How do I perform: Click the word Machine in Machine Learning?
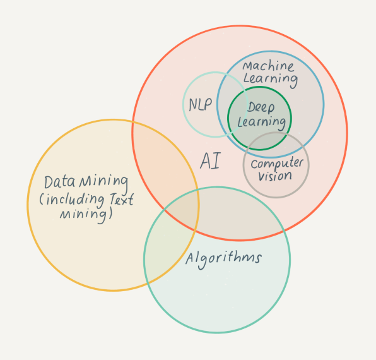pos(268,66)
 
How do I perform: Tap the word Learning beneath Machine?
pos(271,80)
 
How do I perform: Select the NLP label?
pos(201,105)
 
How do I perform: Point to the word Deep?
pos(261,107)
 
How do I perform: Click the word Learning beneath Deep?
pos(262,123)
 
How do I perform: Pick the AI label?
pos(210,161)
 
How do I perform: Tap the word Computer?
pos(277,164)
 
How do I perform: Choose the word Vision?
pos(275,176)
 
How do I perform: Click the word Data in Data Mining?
pos(59,182)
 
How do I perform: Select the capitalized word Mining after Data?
pos(103,183)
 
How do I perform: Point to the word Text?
pos(122,199)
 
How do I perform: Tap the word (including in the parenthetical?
pos(72,201)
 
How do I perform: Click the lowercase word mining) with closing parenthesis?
pos(86,215)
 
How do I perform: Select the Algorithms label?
pos(223,260)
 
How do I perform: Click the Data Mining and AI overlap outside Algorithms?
pos(162,165)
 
